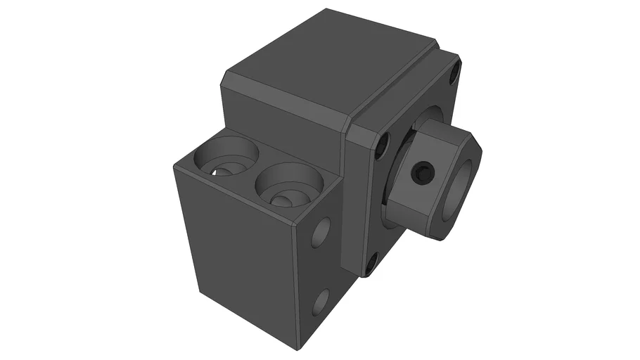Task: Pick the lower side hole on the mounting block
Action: tap(320, 302)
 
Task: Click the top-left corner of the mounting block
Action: tap(174, 163)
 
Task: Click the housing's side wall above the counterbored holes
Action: tap(281, 127)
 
